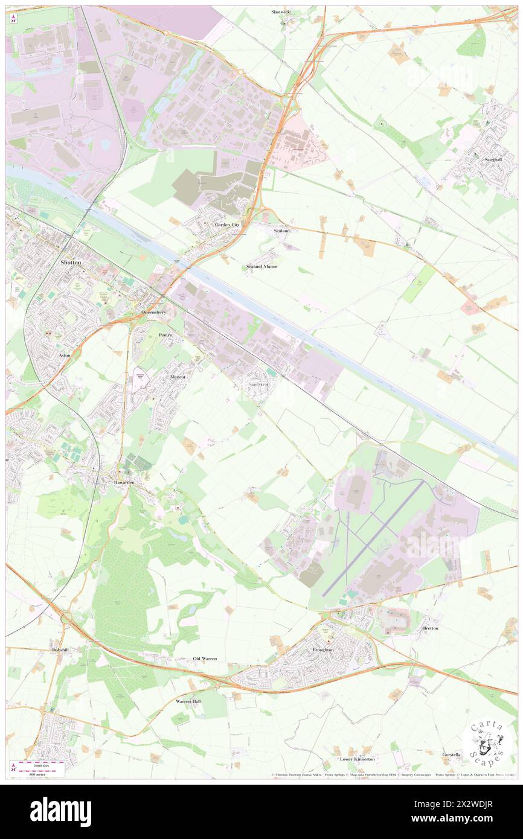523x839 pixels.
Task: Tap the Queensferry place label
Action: (153, 312)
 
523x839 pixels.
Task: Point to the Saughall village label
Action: (496, 159)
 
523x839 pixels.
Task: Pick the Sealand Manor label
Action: (261, 266)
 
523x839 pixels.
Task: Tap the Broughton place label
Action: (323, 649)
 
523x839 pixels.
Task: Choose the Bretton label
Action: (431, 628)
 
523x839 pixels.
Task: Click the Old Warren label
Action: (205, 659)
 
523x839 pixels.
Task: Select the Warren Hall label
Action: (188, 701)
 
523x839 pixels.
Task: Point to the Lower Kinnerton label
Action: (357, 759)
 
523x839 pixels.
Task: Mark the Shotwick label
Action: (281, 12)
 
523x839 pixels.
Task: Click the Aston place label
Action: (65, 356)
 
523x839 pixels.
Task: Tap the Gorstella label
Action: (452, 754)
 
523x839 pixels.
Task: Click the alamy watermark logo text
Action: (60, 811)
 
